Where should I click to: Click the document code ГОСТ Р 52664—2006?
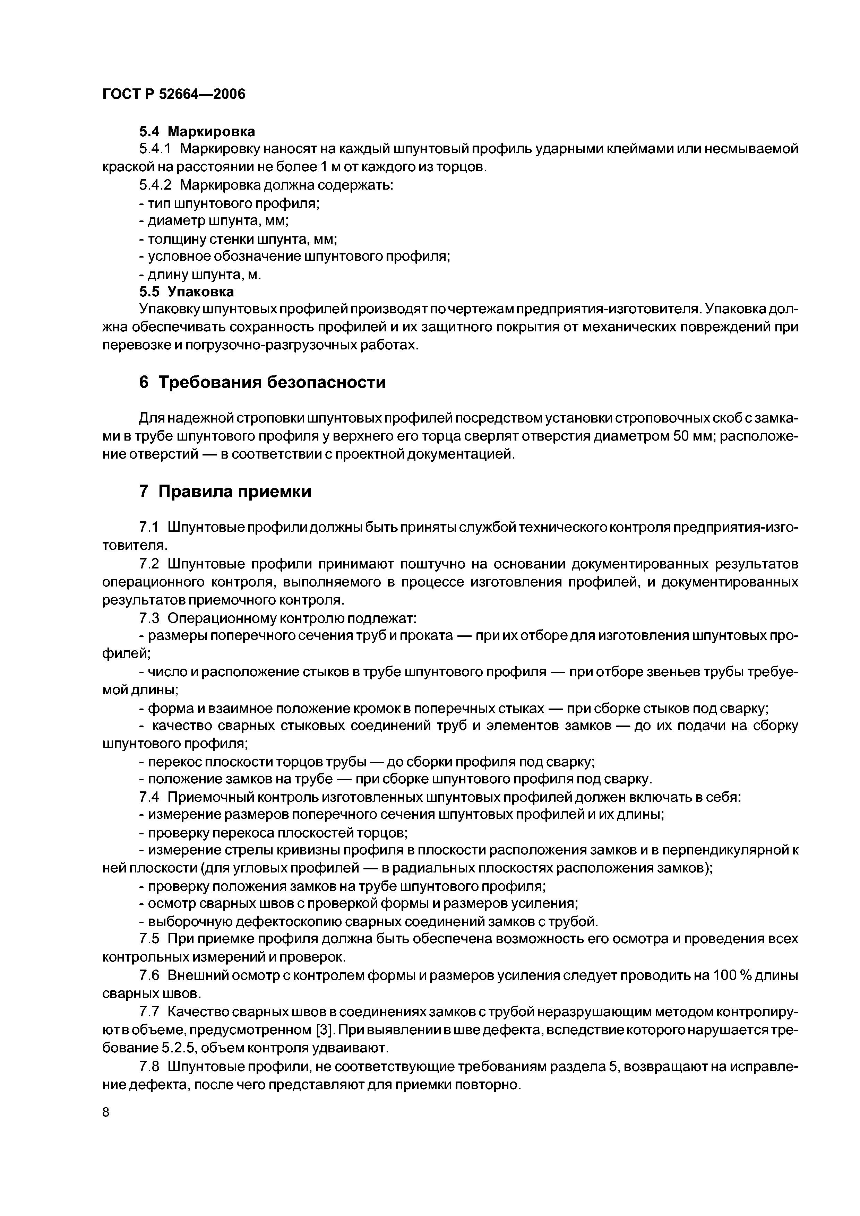(x=174, y=94)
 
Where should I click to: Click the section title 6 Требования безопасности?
(x=262, y=382)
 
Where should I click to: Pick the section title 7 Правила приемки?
(x=225, y=492)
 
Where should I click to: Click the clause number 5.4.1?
(x=156, y=149)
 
